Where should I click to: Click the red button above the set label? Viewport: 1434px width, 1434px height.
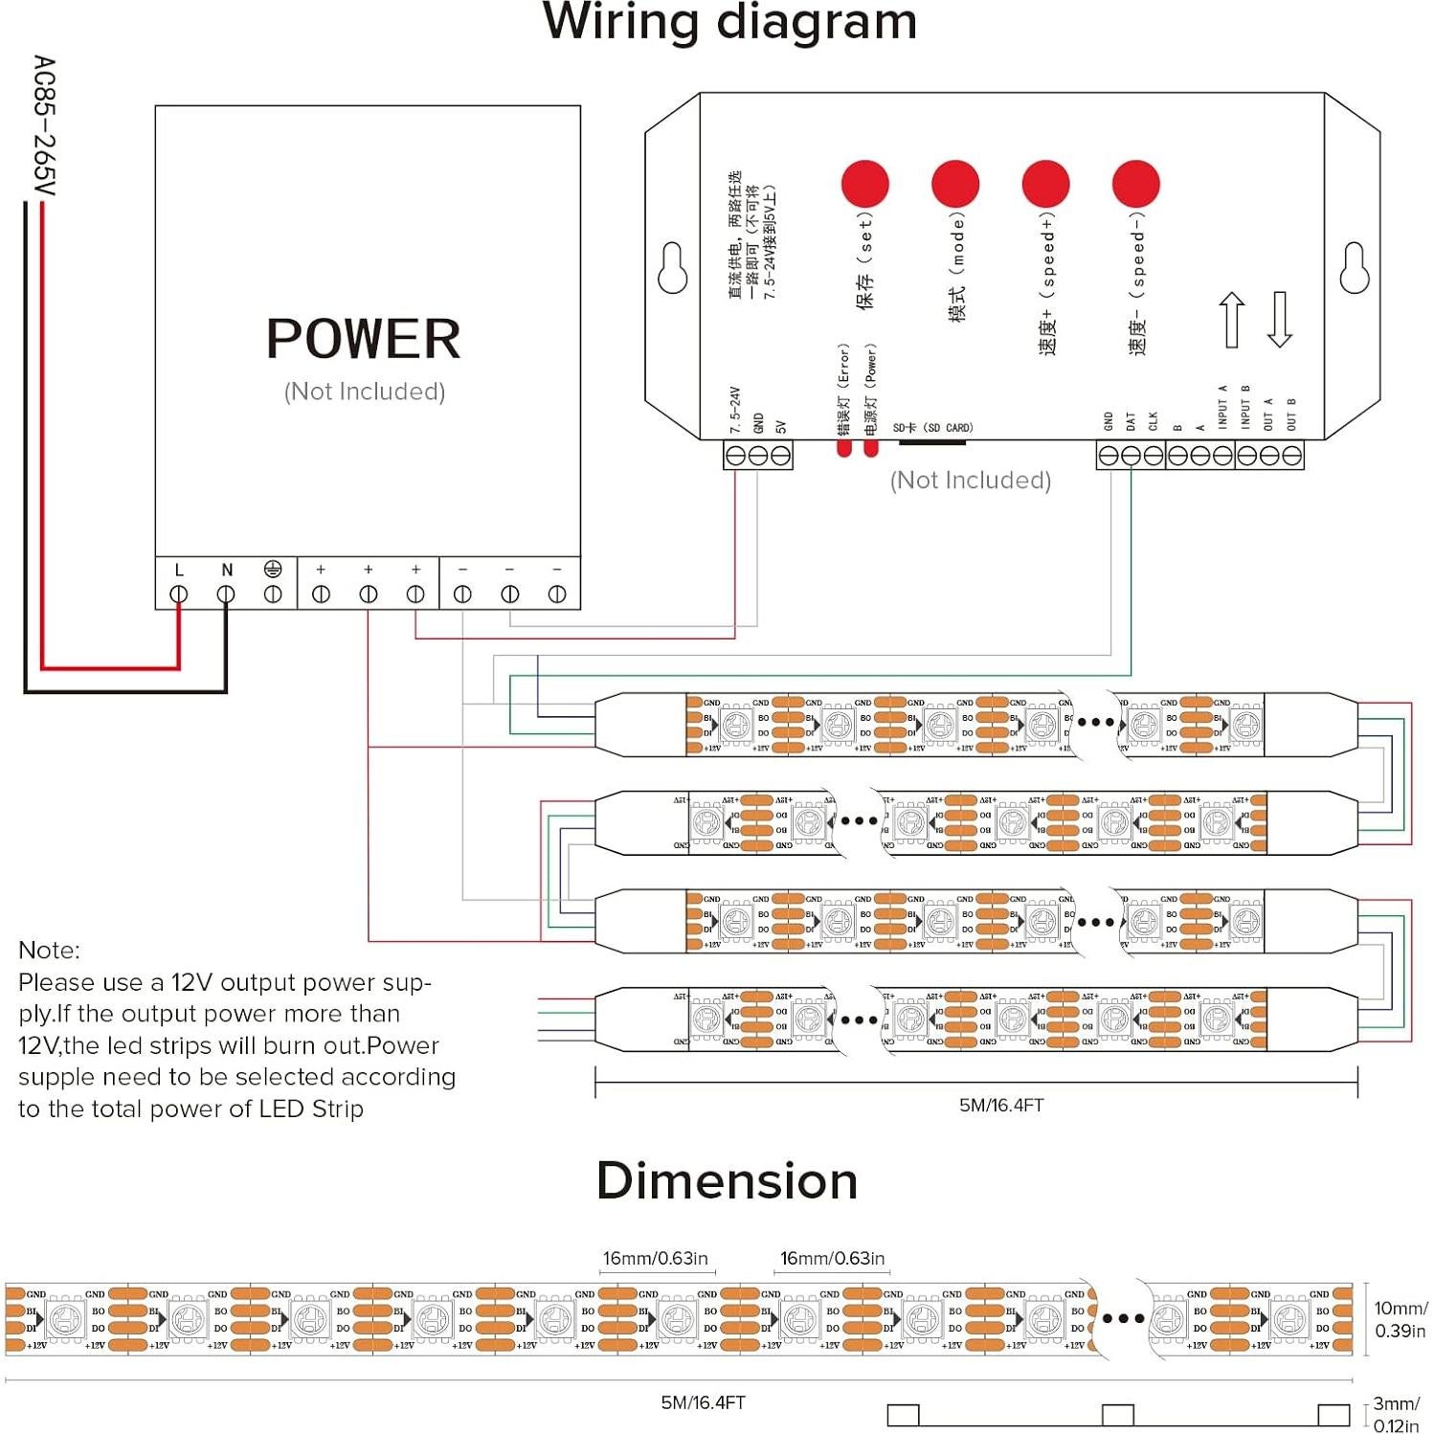[x=864, y=184]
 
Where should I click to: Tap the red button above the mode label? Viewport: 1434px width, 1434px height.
[x=955, y=184]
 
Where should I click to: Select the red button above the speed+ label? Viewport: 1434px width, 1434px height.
[x=1045, y=184]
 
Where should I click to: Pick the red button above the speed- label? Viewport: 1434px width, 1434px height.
[x=1135, y=184]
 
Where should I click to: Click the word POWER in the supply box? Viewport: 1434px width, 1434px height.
[x=364, y=339]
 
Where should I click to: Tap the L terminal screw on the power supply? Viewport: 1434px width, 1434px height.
[x=179, y=594]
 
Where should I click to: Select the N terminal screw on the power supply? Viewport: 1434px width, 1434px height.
[x=226, y=594]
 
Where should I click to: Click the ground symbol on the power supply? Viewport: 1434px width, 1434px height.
[x=273, y=570]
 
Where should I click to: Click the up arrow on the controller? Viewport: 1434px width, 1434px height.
[x=1232, y=320]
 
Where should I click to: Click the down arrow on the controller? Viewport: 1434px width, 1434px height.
[x=1280, y=320]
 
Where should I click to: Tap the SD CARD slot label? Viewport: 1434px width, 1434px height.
[x=932, y=428]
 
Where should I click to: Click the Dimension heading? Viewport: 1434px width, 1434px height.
[x=727, y=1180]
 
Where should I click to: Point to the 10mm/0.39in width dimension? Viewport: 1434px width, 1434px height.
[x=1400, y=1319]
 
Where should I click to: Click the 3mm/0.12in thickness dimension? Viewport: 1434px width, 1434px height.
[x=1396, y=1414]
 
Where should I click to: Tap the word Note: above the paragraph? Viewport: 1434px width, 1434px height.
[x=50, y=950]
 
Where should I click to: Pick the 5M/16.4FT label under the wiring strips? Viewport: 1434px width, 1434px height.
[x=1001, y=1105]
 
